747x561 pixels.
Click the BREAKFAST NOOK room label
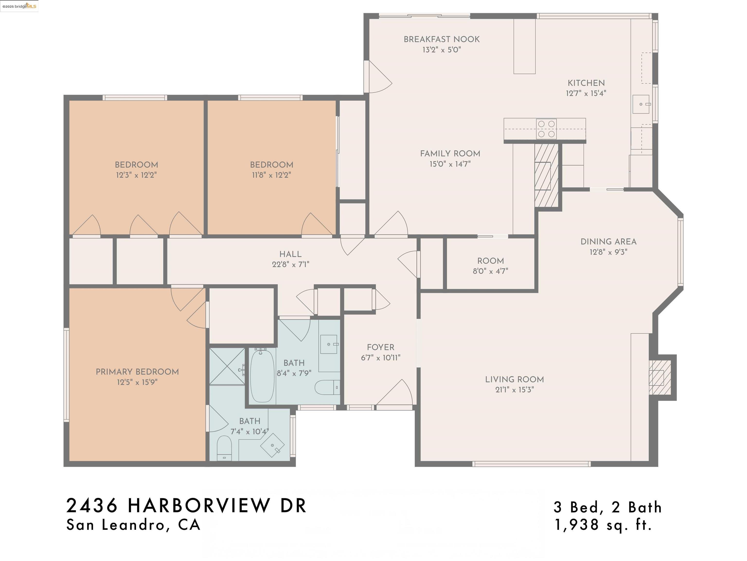[x=441, y=39]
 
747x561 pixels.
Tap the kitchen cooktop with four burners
[x=546, y=129]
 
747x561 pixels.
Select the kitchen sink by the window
[x=641, y=104]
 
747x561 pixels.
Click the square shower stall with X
[x=227, y=366]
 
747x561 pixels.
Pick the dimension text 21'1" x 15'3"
[x=514, y=390]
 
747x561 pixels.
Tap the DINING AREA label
[x=608, y=242]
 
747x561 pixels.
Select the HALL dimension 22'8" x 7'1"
[x=290, y=264]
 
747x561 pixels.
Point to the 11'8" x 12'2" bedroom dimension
[x=271, y=175]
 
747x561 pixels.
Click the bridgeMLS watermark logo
[x=19, y=6]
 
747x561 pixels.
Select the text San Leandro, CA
[x=133, y=525]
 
